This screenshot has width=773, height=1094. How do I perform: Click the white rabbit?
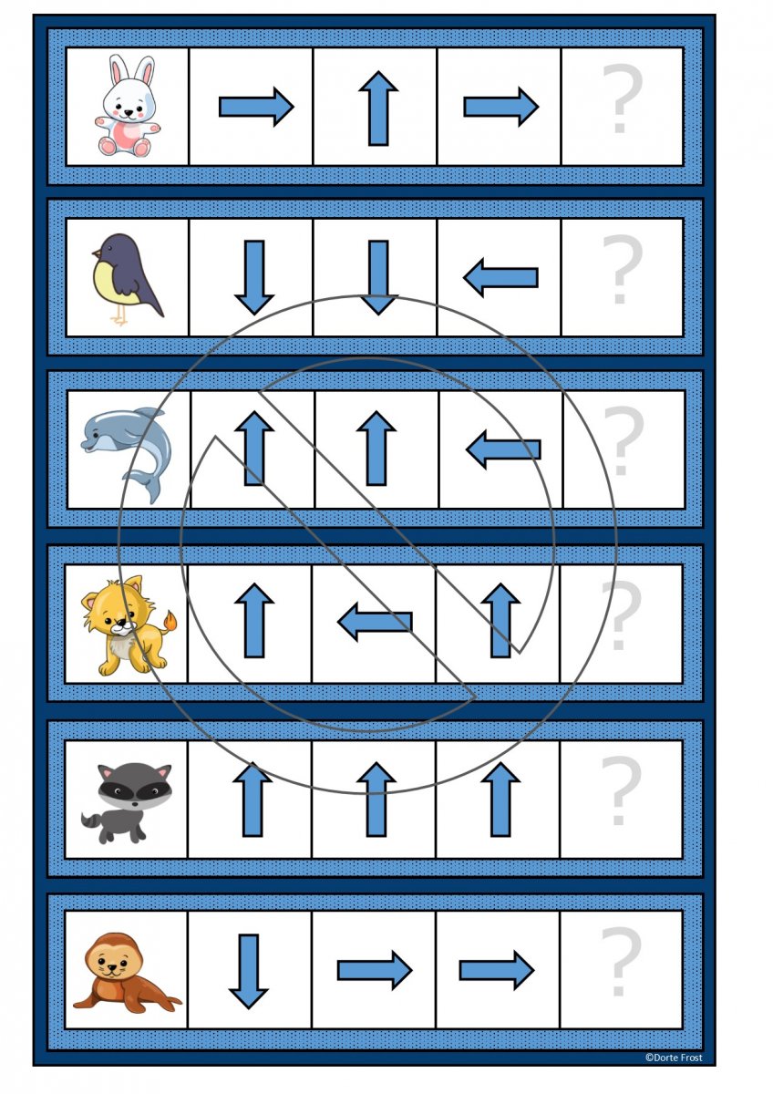127,107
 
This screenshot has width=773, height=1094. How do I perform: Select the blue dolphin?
127,453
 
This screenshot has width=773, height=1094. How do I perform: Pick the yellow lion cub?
128,625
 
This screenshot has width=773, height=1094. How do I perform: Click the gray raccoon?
127,803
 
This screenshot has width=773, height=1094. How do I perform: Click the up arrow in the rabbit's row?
378,108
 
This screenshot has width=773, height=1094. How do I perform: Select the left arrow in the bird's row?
500,277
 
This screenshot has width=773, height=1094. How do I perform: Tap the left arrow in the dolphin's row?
503,449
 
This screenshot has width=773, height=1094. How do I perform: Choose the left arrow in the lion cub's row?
375,622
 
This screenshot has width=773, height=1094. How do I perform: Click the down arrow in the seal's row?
249,972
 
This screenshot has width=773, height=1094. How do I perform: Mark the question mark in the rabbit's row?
622,98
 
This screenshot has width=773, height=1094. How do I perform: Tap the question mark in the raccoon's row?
620,790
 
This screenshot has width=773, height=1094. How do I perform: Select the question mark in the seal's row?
620,962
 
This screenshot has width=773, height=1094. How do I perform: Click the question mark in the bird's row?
622,269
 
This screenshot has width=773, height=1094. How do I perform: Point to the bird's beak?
97,253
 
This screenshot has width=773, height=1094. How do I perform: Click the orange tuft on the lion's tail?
170,622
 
